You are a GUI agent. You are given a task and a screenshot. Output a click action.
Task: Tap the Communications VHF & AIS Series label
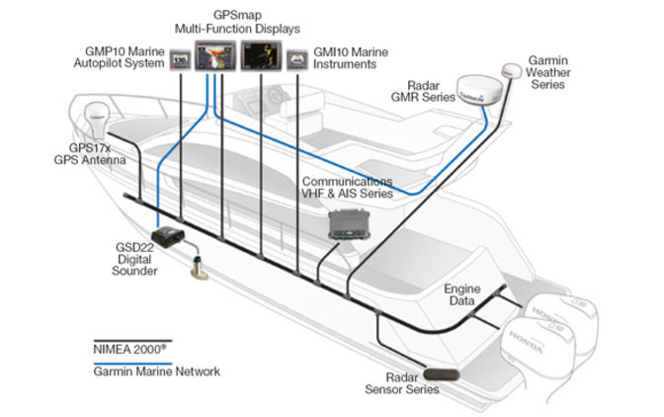(x=347, y=188)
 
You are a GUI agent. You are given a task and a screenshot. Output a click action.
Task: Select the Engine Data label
(x=461, y=293)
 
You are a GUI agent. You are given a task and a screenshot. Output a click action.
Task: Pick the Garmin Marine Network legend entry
(x=149, y=372)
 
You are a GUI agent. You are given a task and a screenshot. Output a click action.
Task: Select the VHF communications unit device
(x=353, y=225)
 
